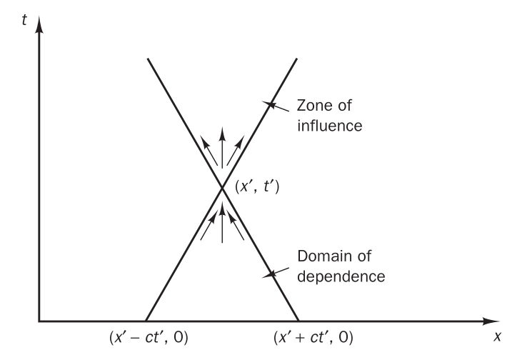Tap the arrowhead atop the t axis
(39, 27)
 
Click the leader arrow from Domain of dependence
(275, 272)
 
